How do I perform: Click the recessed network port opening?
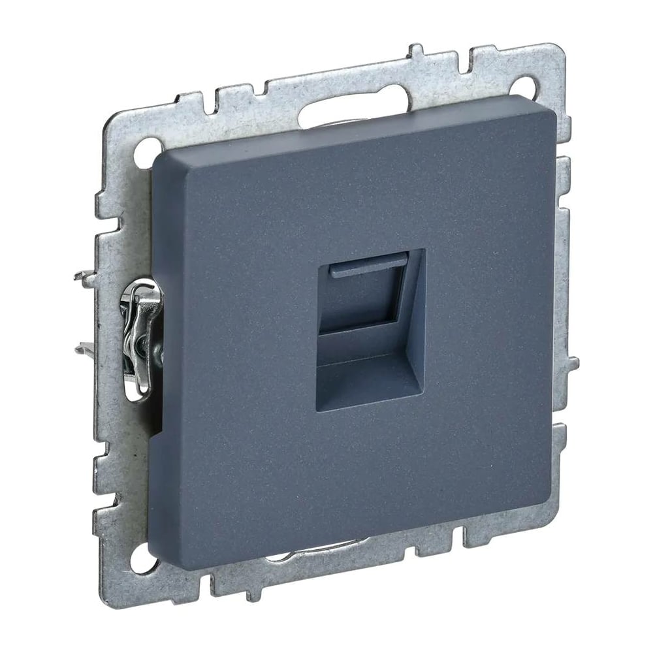coord(370,330)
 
